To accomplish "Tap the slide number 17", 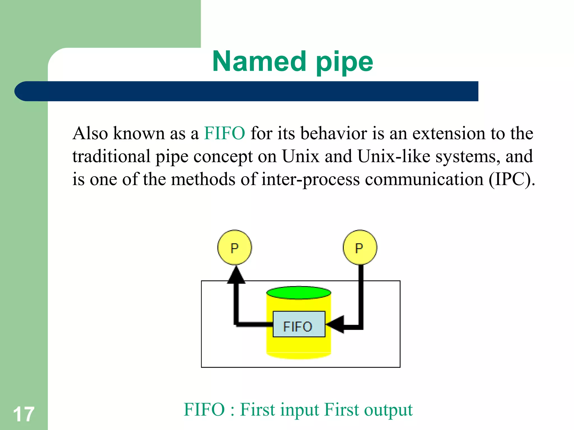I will pyautogui.click(x=24, y=414).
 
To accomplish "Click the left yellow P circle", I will pyautogui.click(x=235, y=247).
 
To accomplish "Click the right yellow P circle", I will pyautogui.click(x=360, y=247).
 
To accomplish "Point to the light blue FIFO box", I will pyautogui.click(x=299, y=324).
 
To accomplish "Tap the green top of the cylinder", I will pyautogui.click(x=299, y=293).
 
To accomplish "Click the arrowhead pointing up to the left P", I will pyautogui.click(x=236, y=275).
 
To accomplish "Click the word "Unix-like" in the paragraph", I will pyautogui.click(x=394, y=156).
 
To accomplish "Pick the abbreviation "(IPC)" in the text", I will pyautogui.click(x=512, y=179).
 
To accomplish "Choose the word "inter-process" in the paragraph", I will pyautogui.click(x=310, y=179).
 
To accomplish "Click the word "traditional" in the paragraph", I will pyautogui.click(x=111, y=156).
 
